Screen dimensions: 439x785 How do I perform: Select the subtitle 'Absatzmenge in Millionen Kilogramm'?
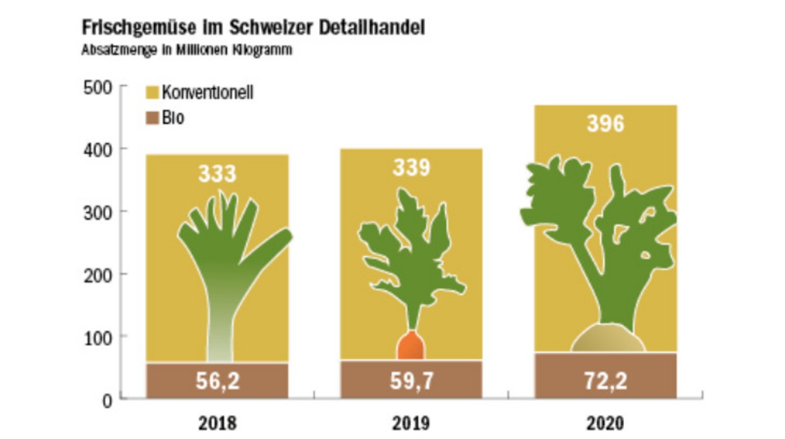[187, 50]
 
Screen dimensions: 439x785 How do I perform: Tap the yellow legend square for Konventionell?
[151, 92]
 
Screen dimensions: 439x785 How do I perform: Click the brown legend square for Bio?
[151, 118]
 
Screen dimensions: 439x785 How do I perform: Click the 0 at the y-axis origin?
[108, 399]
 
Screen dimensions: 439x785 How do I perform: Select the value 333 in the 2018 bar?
[218, 173]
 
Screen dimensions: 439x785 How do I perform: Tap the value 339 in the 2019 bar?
[411, 168]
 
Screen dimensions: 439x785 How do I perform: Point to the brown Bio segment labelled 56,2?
[218, 381]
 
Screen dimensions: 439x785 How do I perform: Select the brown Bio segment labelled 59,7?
[411, 380]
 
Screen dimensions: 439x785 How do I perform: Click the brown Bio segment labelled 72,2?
[605, 376]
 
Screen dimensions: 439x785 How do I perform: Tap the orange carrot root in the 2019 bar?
[411, 346]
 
